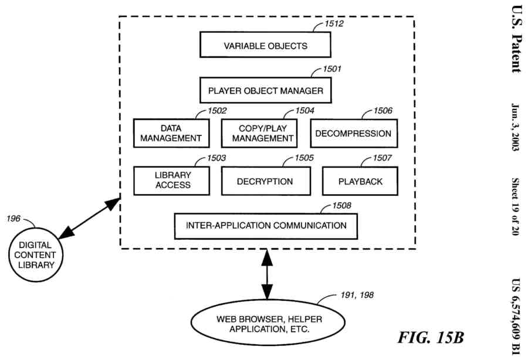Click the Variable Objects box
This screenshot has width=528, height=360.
pos(265,45)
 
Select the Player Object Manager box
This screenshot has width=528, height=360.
pos(265,91)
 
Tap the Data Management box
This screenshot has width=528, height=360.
pos(171,134)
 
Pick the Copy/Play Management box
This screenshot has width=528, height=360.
pos(259,134)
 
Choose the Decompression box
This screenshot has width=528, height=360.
pos(353,134)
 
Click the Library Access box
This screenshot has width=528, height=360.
pos(171,181)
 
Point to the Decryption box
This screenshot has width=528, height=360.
pos(265,181)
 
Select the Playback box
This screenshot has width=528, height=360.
pos(360,181)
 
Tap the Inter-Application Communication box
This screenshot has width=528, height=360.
pos(266,226)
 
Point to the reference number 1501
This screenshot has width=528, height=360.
pos(332,70)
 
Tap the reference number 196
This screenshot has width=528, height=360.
pos(14,219)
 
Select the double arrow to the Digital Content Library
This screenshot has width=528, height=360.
pos(89,218)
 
